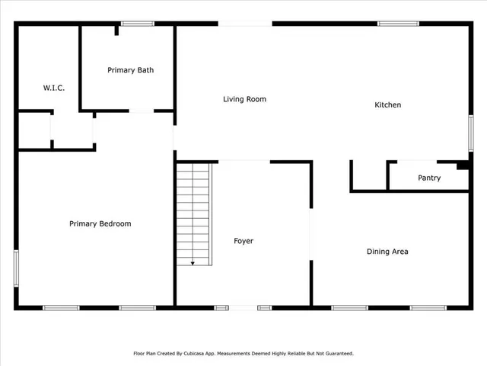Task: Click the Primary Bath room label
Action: tap(130, 70)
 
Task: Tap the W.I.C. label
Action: tap(53, 88)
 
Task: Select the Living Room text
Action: tap(244, 99)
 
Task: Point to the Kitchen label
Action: tap(387, 105)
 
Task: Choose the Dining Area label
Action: tap(387, 252)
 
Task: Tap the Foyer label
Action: tap(243, 241)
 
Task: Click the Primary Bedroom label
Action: tap(100, 224)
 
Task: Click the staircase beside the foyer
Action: tap(193, 213)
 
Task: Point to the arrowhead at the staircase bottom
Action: tap(193, 263)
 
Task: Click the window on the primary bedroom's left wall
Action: tap(16, 269)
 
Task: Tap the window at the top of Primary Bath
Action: tap(138, 24)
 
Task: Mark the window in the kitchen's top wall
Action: tap(398, 24)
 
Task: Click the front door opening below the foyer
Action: tap(243, 307)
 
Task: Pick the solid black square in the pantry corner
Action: tap(462, 165)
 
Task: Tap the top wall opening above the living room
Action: tap(245, 24)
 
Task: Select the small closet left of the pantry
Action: tap(369, 176)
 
